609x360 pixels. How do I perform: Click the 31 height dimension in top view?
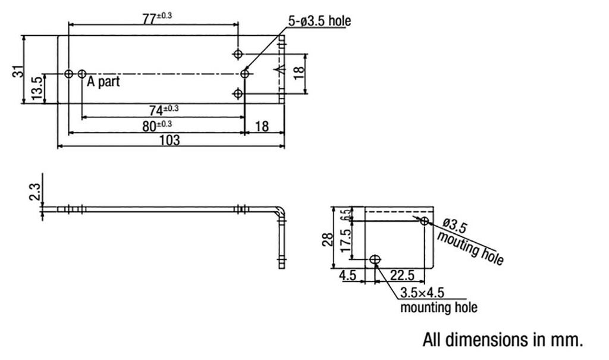point(19,70)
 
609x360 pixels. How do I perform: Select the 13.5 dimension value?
point(37,88)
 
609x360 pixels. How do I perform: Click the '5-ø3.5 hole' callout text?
point(319,21)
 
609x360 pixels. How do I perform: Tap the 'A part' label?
point(103,82)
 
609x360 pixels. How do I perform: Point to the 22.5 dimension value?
point(403,276)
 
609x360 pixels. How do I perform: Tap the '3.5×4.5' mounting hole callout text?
point(422,293)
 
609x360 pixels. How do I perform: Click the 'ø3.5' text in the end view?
point(456,227)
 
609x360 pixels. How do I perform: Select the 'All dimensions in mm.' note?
point(503,340)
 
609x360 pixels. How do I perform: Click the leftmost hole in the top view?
point(69,74)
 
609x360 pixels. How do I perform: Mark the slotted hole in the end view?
point(375,259)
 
